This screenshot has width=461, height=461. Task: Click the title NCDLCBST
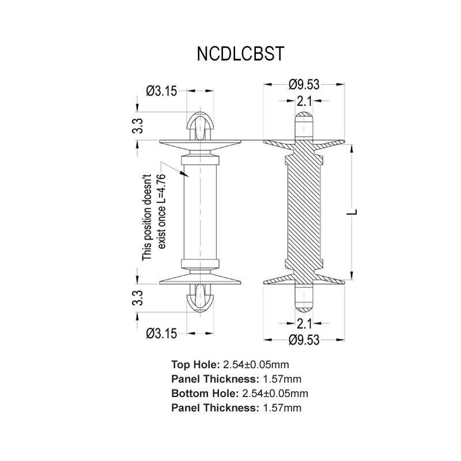pyautogui.click(x=240, y=54)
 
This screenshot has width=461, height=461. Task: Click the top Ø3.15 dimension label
pyautogui.click(x=162, y=90)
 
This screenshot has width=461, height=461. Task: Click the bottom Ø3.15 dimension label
pyautogui.click(x=162, y=333)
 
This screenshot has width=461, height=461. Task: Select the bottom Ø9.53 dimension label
pyautogui.click(x=304, y=339)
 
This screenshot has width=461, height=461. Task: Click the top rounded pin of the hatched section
pyautogui.click(x=304, y=126)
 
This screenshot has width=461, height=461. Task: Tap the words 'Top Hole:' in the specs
pyautogui.click(x=195, y=364)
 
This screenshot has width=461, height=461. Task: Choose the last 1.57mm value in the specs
pyautogui.click(x=282, y=408)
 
